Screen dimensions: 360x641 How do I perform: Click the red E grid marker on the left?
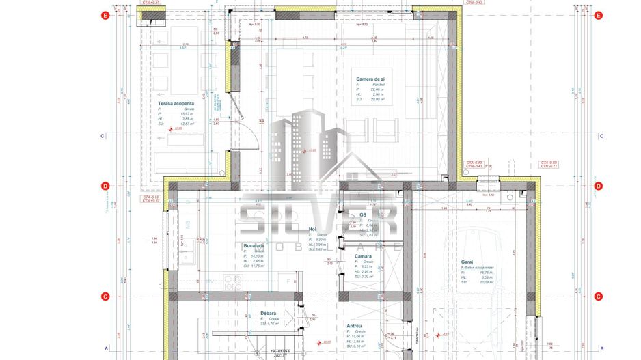(x=105, y=16)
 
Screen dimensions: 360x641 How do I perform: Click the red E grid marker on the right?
(x=598, y=16)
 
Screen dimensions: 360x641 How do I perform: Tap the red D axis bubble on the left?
(x=105, y=186)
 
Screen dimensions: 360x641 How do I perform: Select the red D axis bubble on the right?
(x=598, y=186)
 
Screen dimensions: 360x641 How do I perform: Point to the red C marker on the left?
(x=105, y=296)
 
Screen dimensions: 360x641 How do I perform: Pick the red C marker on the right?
(x=598, y=296)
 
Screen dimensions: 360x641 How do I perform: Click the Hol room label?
(x=312, y=230)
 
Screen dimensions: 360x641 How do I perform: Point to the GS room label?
(x=363, y=214)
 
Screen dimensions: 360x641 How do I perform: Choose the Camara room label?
(x=363, y=256)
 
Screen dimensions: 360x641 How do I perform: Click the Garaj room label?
(x=467, y=261)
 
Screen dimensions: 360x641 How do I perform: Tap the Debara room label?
(x=269, y=314)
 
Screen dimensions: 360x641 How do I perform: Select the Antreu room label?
(x=353, y=326)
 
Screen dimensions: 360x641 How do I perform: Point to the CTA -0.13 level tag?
(x=150, y=197)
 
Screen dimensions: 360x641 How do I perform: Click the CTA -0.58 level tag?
(x=549, y=163)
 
